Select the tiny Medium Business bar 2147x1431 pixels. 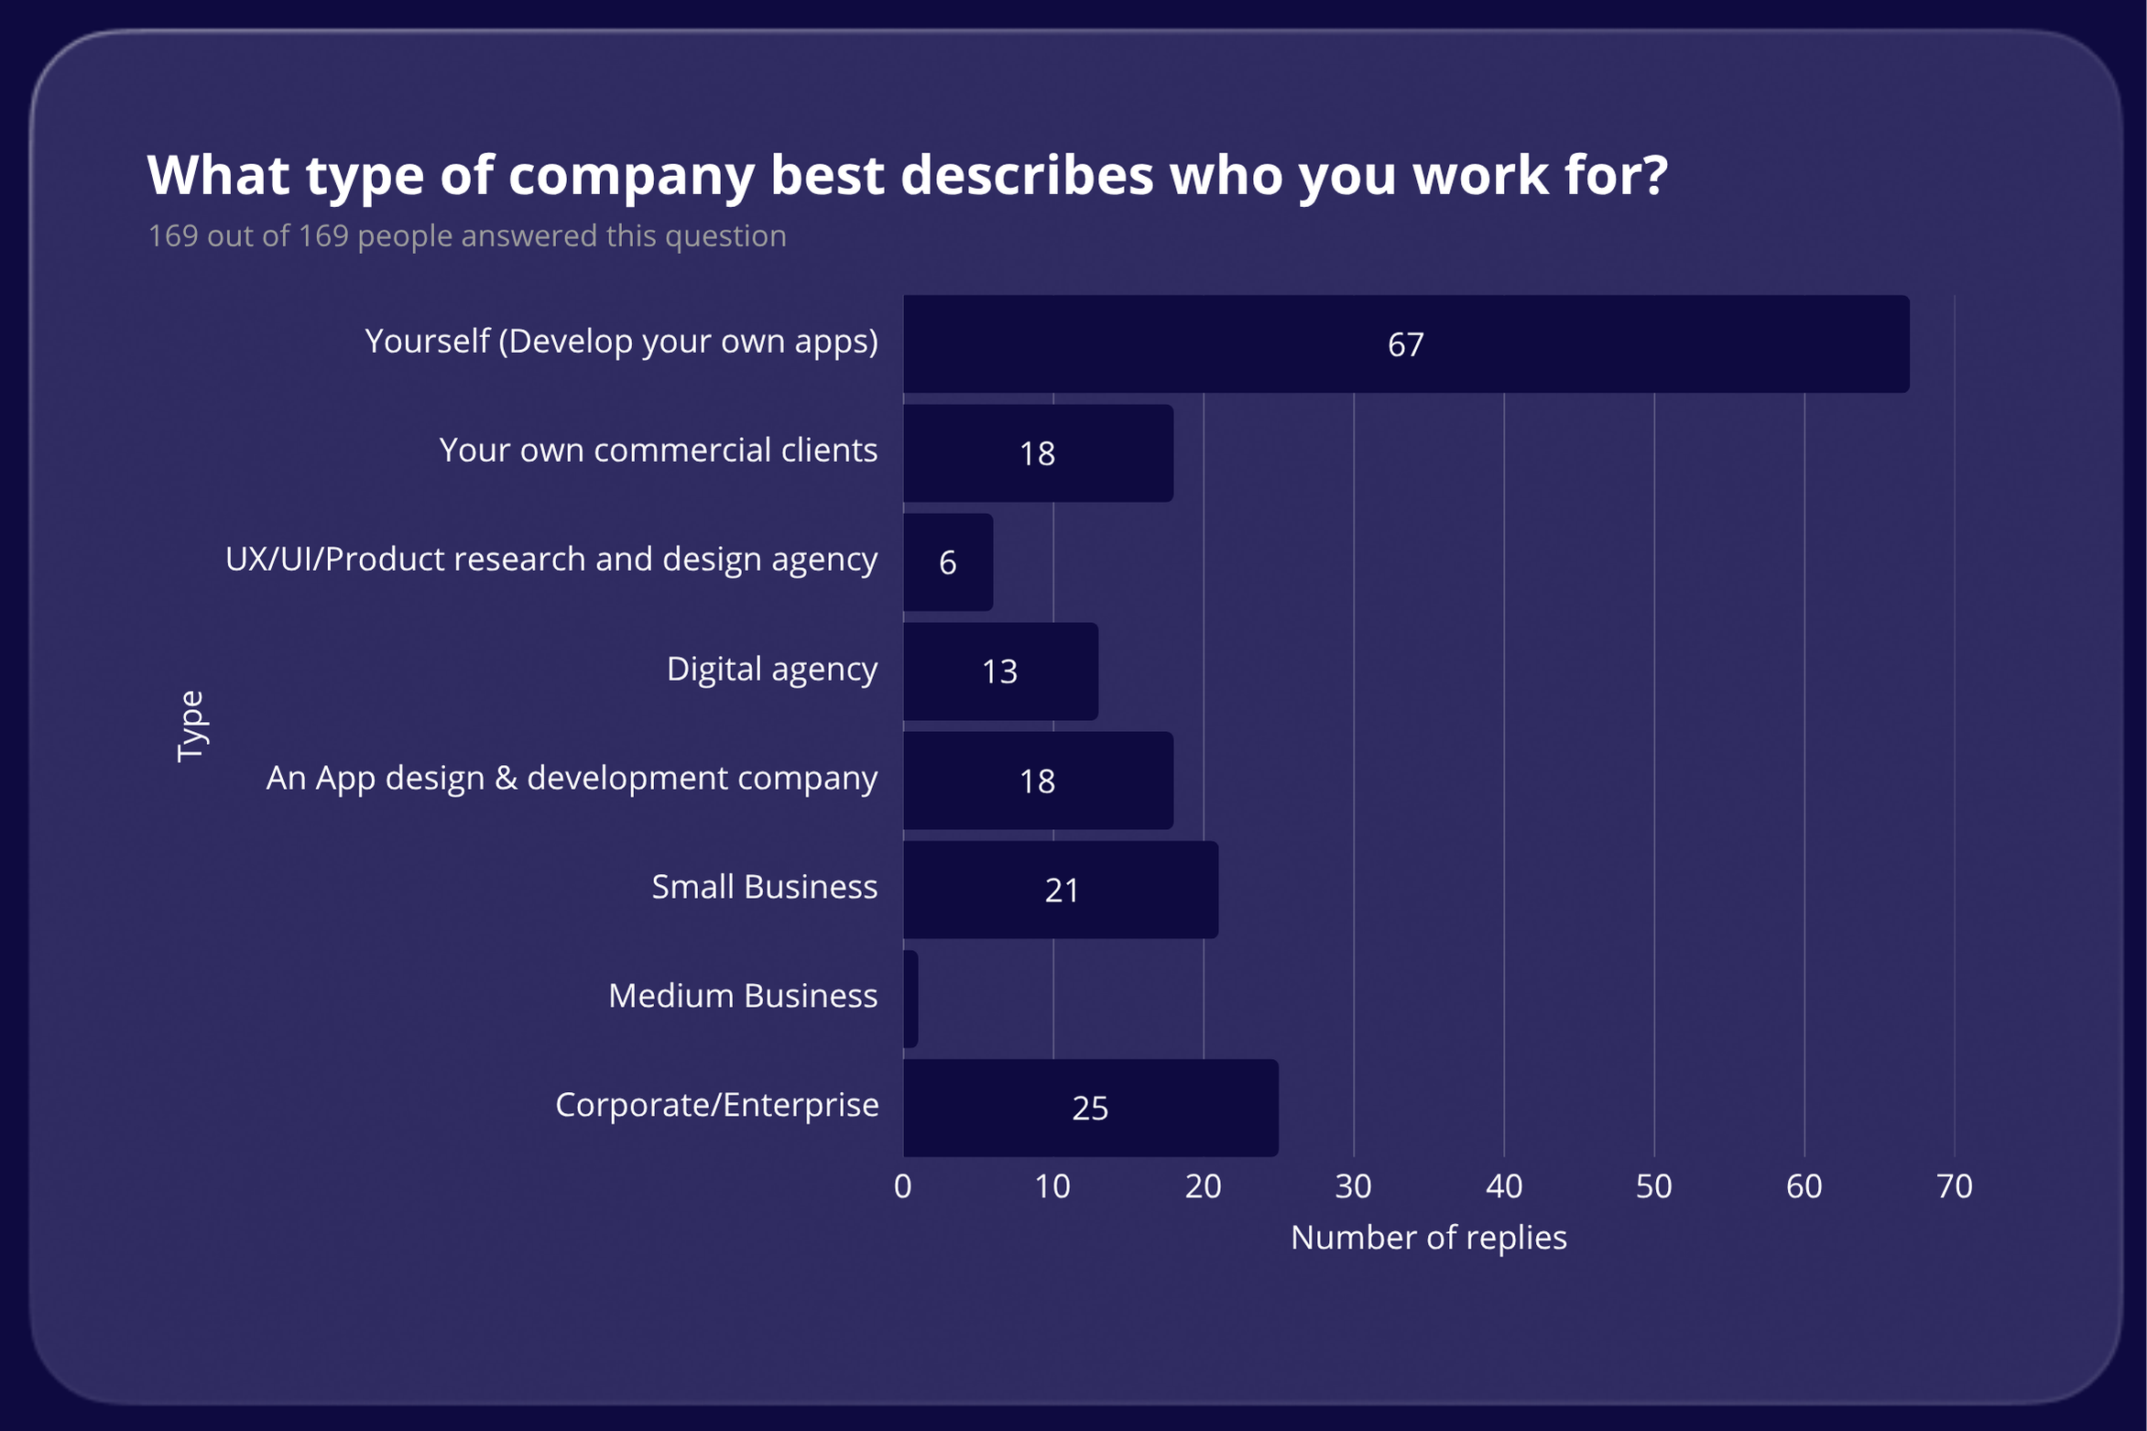(910, 999)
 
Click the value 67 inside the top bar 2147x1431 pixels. (1405, 344)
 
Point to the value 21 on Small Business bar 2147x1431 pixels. (1062, 890)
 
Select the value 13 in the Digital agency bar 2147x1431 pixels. (999, 672)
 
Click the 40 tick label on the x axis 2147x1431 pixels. (1503, 1186)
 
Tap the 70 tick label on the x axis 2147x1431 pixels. (1954, 1186)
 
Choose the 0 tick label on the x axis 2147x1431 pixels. (902, 1186)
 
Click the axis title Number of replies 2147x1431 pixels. (1428, 1238)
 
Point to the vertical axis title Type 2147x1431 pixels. (191, 726)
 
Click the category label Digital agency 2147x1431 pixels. (771, 669)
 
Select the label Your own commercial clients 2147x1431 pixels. (658, 450)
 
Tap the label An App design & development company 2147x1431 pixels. (572, 778)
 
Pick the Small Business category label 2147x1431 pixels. (764, 887)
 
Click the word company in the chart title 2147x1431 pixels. (631, 175)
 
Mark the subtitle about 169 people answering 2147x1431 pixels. (467, 235)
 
